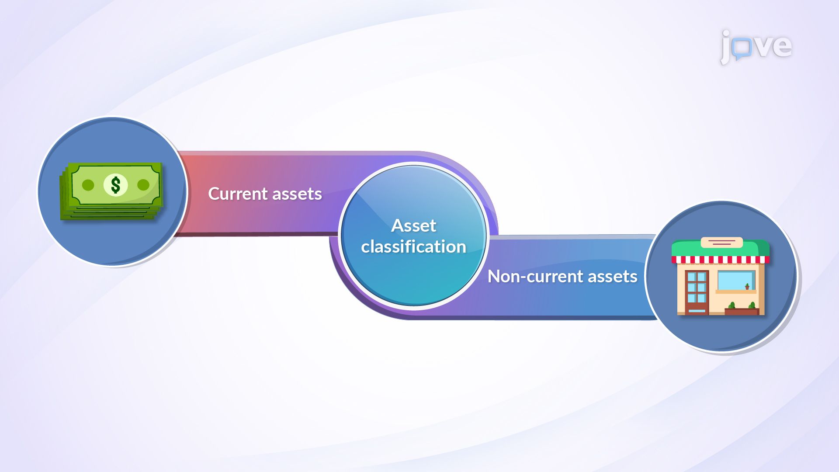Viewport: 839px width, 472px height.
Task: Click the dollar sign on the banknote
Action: (115, 185)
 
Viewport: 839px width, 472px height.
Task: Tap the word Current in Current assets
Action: (238, 194)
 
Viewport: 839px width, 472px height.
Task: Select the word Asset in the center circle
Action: (413, 226)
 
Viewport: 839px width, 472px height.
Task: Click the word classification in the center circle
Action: (413, 247)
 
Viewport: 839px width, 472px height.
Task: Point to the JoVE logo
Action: (756, 46)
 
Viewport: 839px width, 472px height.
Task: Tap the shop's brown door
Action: (697, 292)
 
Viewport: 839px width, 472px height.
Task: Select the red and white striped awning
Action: (720, 260)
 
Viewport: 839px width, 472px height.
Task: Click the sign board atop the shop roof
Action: (721, 242)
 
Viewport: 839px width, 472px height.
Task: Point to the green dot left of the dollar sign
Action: (88, 185)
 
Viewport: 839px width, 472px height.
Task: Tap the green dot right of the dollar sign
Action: (143, 185)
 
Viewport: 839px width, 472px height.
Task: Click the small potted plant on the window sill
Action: (747, 287)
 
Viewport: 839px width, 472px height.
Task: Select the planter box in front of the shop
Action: (742, 311)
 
